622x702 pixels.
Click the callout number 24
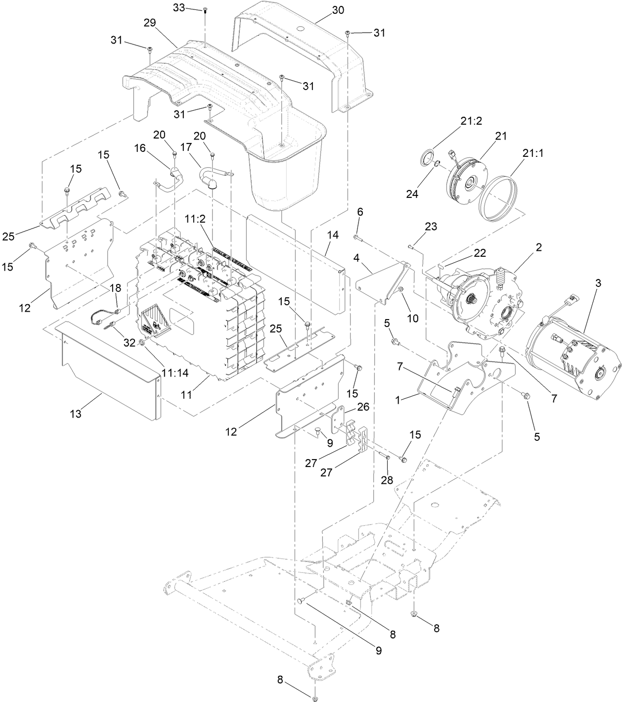click(x=412, y=194)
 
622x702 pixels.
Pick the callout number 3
click(x=598, y=283)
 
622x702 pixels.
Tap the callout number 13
click(x=75, y=414)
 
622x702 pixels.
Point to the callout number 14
click(x=333, y=235)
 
